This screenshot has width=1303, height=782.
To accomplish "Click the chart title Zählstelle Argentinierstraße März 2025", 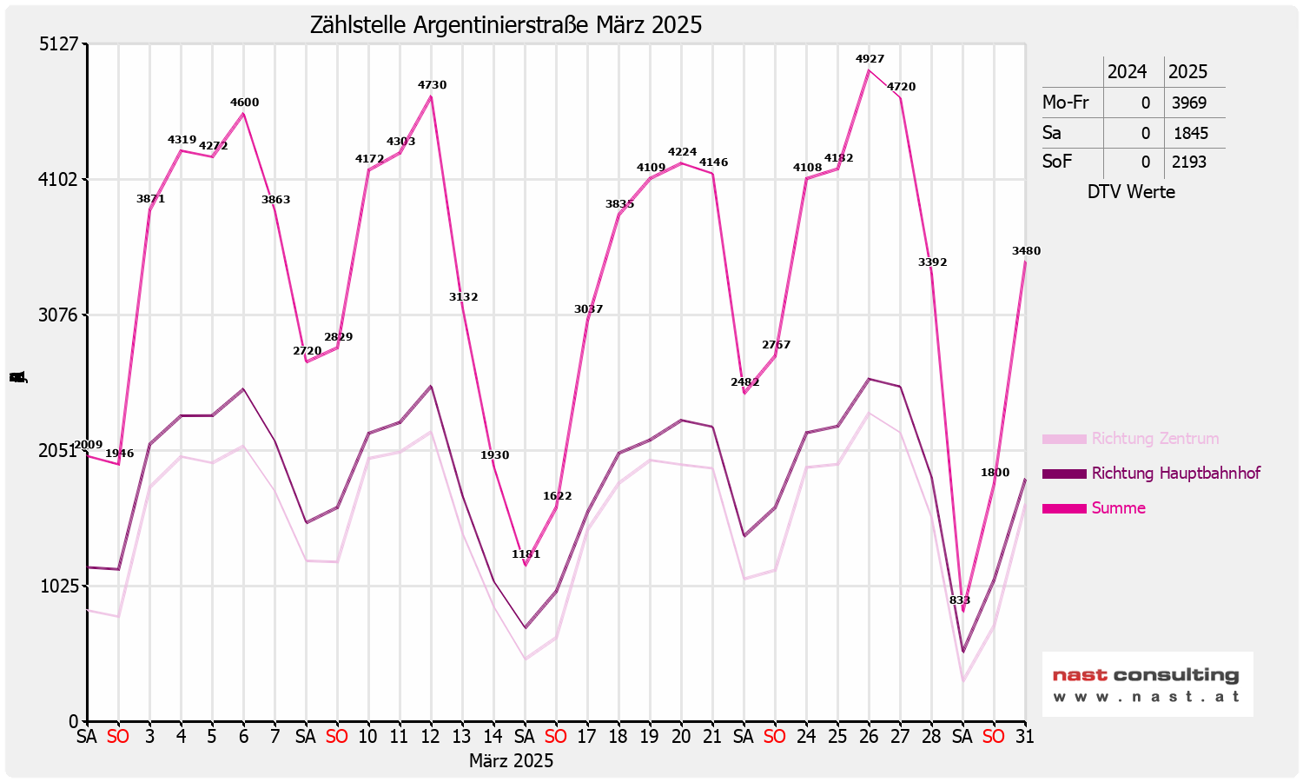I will coord(506,25).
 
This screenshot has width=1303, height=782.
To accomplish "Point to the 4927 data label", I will coord(870,59).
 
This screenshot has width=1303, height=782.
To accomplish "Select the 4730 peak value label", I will coord(432,85).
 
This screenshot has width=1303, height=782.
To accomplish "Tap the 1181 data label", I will coord(526,554).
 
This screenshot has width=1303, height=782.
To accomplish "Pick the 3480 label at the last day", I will coord(1026,251).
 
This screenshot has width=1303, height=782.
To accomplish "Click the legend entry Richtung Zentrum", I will coord(1154,439).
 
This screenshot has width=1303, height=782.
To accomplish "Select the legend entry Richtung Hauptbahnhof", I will coord(1175,474).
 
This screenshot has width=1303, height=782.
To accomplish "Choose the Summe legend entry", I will coord(1118,508).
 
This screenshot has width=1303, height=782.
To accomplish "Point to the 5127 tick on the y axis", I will coord(58,44).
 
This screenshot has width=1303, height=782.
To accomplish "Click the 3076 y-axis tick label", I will coord(58,315).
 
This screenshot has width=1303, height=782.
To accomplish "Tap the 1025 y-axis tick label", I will coord(58,586).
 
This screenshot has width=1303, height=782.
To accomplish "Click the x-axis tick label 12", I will coord(430,737).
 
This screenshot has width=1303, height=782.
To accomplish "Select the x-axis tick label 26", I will coord(869,737).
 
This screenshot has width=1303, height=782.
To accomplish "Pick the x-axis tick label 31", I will coord(1025,737).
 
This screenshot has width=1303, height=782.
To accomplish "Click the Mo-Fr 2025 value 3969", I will coord(1188,103).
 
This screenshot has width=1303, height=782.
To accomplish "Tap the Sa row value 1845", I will coord(1190,133).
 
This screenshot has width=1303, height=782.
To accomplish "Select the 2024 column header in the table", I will coord(1127,72).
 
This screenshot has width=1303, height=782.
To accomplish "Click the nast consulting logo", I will coord(1147,685).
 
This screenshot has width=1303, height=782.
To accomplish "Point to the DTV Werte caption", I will coord(1131,192).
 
